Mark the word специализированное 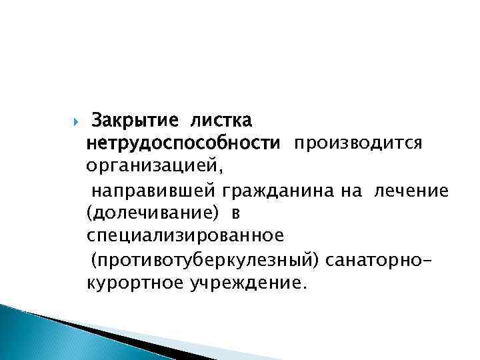pyautogui.click(x=185, y=236)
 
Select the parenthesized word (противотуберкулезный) pyautogui.click(x=206, y=259)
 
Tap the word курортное pyautogui.click(x=133, y=283)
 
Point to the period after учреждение pyautogui.click(x=306, y=287)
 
